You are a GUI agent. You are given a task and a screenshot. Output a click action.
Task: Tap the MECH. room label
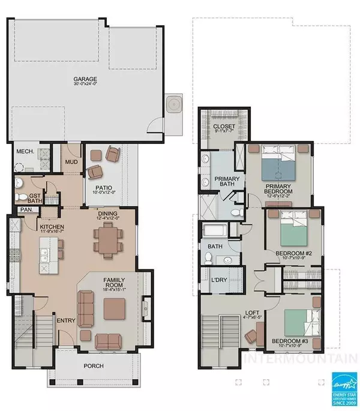pos(25,151)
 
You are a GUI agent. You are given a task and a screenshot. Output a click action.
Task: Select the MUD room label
pos(70,161)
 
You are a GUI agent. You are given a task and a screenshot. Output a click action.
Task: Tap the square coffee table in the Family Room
pos(115,308)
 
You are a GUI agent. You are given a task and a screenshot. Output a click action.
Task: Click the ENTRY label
pos(65,321)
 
